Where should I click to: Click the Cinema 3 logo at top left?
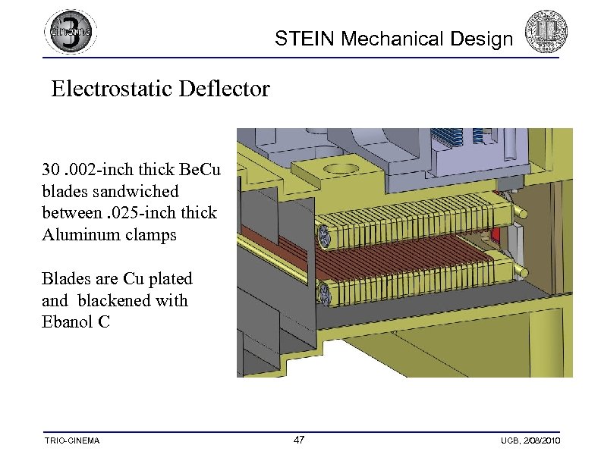[x=71, y=32]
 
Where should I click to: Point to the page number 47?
[x=299, y=440]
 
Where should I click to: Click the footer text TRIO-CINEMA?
[x=73, y=441]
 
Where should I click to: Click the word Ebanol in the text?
[x=69, y=321]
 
